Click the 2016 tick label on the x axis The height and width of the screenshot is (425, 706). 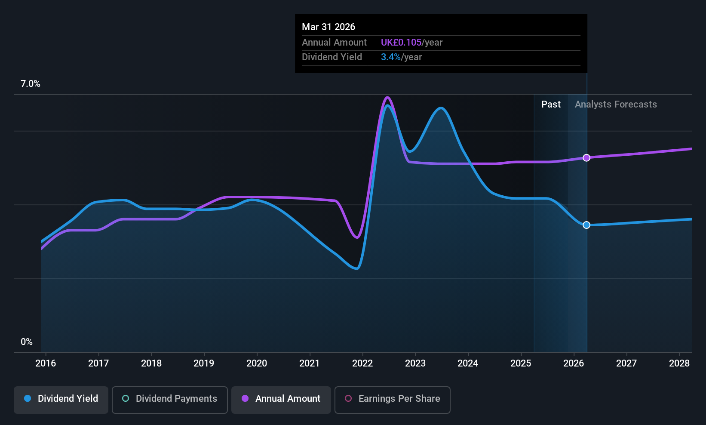(x=46, y=363)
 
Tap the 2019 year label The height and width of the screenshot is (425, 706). (x=204, y=363)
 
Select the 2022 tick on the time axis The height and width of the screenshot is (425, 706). (x=362, y=363)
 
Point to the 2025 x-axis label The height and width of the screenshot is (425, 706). (x=521, y=363)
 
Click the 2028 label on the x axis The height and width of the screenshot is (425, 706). (x=679, y=363)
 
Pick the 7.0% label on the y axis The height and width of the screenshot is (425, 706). (x=31, y=84)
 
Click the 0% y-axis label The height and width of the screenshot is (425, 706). (x=27, y=342)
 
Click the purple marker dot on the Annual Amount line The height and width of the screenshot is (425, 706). (x=586, y=158)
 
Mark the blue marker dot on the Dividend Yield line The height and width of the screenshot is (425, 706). (x=586, y=225)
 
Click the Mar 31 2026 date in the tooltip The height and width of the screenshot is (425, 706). (x=328, y=27)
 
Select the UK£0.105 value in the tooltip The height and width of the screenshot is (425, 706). (x=401, y=43)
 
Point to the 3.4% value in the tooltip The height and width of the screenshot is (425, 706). (x=391, y=57)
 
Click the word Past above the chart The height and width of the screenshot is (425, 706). (x=551, y=105)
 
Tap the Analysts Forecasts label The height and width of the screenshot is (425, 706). (x=616, y=105)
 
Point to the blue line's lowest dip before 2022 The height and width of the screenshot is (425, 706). (x=357, y=268)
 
